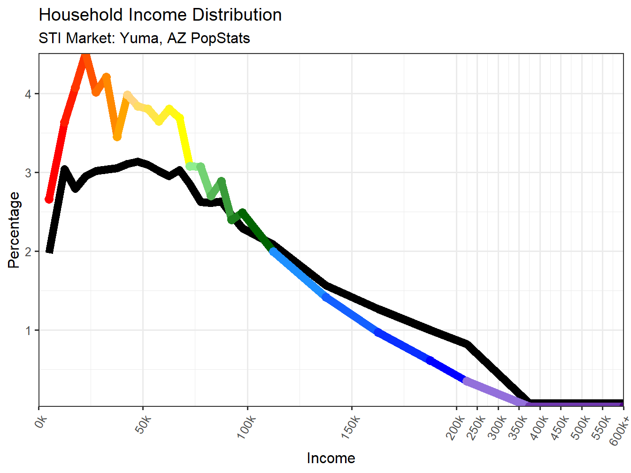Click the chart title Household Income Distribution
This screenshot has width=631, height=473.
[x=160, y=15]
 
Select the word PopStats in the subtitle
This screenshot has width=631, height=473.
[x=221, y=38]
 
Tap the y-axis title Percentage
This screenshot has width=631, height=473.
[x=14, y=230]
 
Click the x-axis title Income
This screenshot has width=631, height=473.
[x=331, y=458]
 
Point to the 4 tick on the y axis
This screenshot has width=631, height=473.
[x=28, y=94]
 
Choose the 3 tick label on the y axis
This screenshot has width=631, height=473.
[x=28, y=173]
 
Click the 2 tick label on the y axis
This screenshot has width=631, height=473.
[x=28, y=252]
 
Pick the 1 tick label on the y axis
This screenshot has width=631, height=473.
[x=28, y=330]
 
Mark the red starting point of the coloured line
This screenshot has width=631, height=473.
[x=49, y=199]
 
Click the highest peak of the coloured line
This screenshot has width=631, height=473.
[x=85, y=56]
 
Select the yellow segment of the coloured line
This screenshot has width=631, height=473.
[x=184, y=141]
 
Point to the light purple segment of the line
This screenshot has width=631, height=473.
[x=493, y=391]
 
